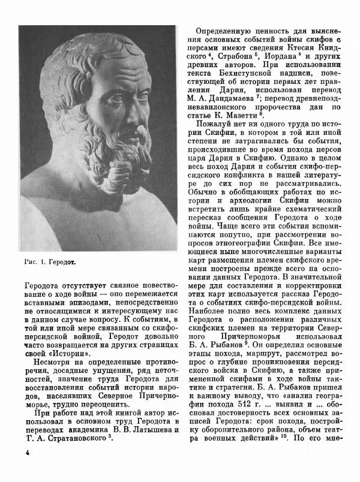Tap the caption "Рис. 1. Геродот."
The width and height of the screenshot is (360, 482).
51,262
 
